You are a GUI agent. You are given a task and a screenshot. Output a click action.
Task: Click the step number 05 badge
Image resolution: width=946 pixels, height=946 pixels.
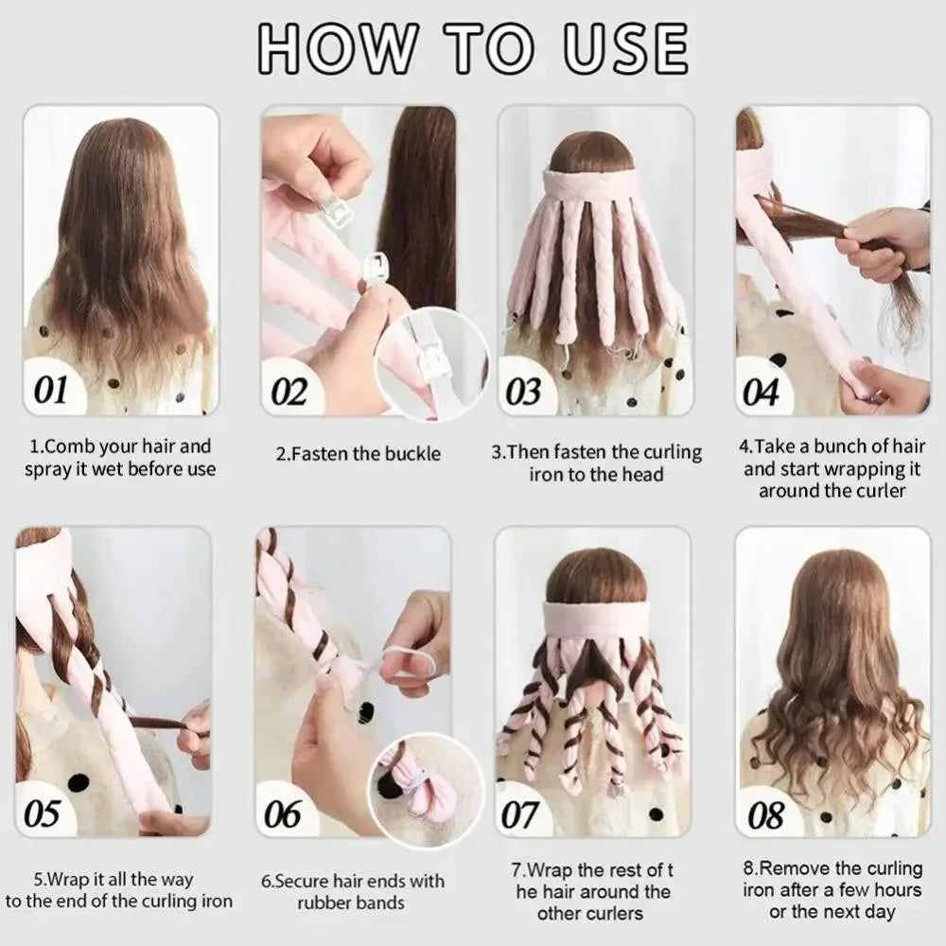(43, 813)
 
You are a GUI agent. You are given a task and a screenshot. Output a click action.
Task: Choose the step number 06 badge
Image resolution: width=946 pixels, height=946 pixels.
(283, 813)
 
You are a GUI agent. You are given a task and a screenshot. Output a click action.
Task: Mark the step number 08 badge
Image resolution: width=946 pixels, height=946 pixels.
(766, 813)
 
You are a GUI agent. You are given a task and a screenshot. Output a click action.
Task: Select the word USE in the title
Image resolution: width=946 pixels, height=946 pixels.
(625, 47)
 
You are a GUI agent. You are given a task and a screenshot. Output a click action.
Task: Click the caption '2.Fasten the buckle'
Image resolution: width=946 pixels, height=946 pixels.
(359, 454)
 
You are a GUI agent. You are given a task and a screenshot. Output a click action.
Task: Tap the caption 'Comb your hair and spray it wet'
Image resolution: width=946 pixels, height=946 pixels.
(120, 457)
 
